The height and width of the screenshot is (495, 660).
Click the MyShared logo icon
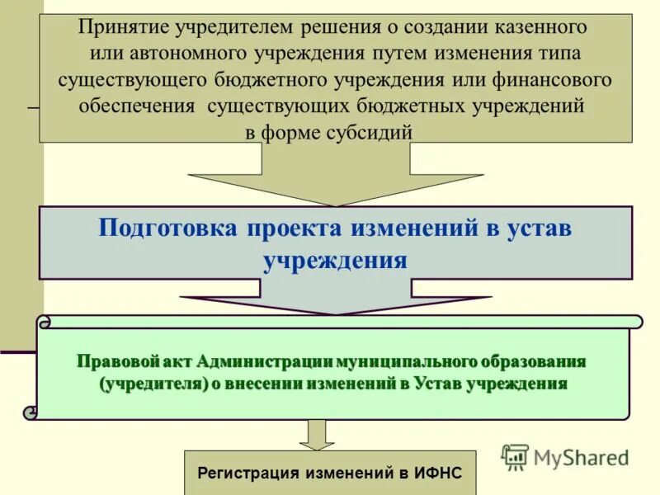[515, 456]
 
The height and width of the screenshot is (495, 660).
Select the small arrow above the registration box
[317, 434]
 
